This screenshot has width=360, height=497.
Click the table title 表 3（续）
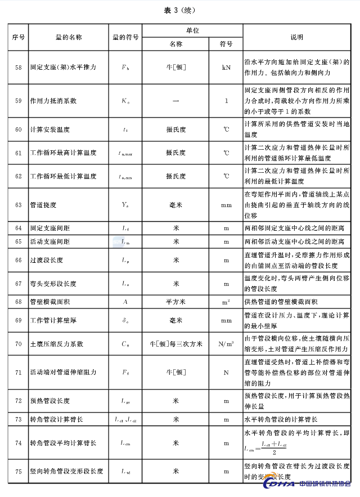pyautogui.click(x=180, y=10)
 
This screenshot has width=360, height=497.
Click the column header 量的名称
pyautogui.click(x=69, y=37)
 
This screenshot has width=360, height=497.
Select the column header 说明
pyautogui.click(x=296, y=37)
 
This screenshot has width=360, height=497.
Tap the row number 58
pyautogui.click(x=18, y=67)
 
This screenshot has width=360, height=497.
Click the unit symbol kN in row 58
pyautogui.click(x=226, y=67)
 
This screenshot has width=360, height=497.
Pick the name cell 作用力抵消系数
pyautogui.click(x=53, y=101)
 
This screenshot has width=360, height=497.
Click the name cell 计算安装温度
pyautogui.click(x=50, y=129)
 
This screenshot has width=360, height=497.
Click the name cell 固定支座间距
pyautogui.click(x=50, y=229)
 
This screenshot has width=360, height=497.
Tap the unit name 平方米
pyautogui.click(x=175, y=302)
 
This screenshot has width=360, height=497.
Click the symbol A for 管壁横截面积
pyautogui.click(x=125, y=302)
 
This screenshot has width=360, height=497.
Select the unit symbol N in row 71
pyautogui.click(x=226, y=372)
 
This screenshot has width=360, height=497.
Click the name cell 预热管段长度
pyautogui.click(x=50, y=401)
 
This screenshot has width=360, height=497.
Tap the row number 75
pyautogui.click(x=18, y=471)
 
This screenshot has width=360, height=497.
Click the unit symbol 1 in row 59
pyautogui.click(x=226, y=101)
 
